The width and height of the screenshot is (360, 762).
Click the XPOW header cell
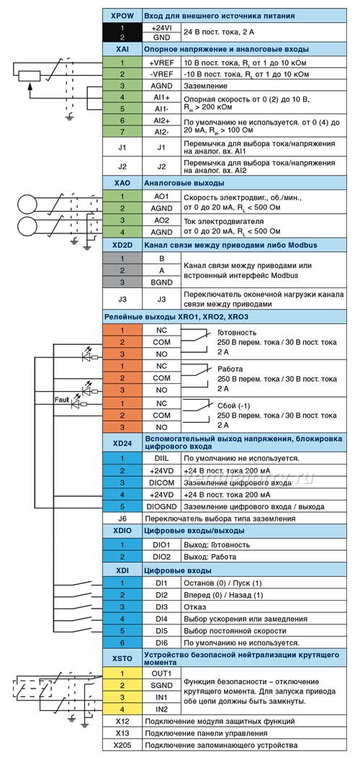(x=122, y=16)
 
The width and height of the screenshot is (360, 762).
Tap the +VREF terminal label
(x=161, y=63)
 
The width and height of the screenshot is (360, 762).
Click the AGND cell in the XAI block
(x=161, y=86)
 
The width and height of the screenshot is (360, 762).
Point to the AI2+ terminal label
(x=161, y=120)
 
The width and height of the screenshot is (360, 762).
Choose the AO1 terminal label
(x=161, y=197)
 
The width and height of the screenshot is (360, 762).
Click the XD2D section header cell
(x=122, y=245)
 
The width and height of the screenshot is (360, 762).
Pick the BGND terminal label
(x=161, y=282)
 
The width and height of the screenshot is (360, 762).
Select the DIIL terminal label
(x=161, y=458)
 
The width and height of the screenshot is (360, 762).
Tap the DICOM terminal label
(x=161, y=483)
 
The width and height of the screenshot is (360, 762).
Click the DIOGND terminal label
(x=161, y=506)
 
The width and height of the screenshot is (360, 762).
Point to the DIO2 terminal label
(x=161, y=557)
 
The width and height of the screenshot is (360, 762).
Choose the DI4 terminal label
(x=161, y=619)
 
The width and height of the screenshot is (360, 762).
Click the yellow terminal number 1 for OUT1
(x=122, y=673)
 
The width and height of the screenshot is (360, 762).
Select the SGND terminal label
(x=161, y=685)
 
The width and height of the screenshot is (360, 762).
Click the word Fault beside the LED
(x=62, y=400)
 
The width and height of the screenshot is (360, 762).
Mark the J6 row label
(x=122, y=519)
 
